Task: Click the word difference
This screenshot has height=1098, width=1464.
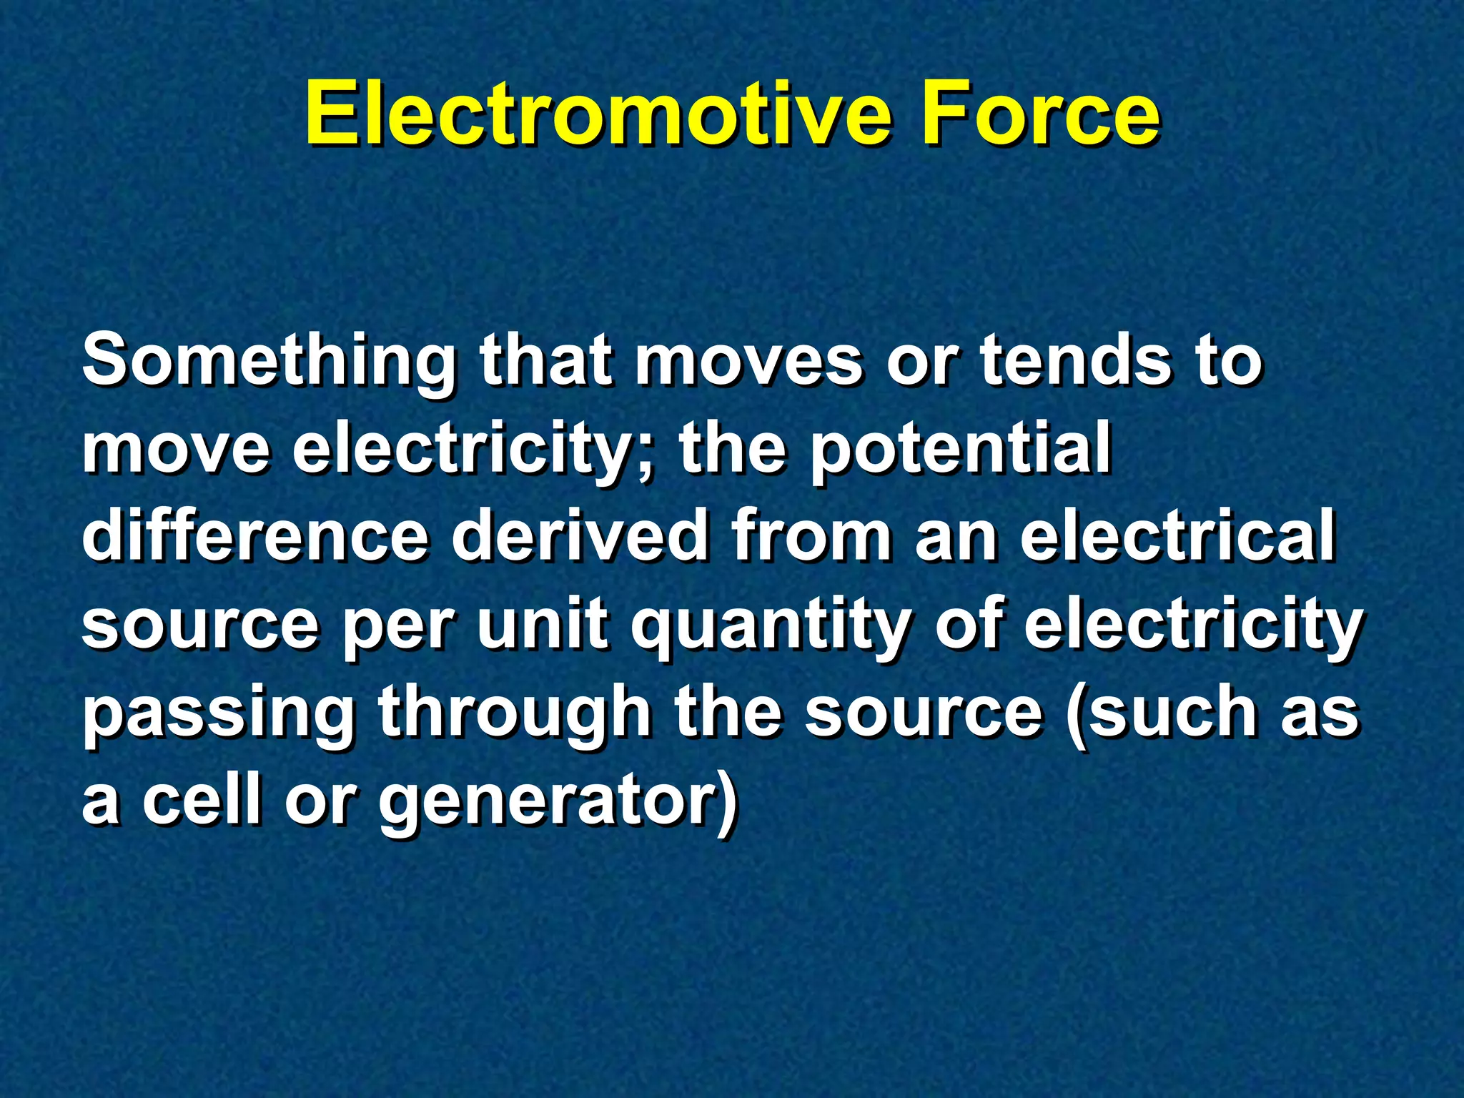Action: [x=255, y=536]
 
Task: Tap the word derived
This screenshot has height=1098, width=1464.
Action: [x=579, y=536]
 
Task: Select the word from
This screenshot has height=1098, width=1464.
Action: [x=812, y=536]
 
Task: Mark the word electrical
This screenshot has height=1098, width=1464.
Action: [x=1177, y=536]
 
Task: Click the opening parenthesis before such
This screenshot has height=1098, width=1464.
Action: [x=1076, y=715]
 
